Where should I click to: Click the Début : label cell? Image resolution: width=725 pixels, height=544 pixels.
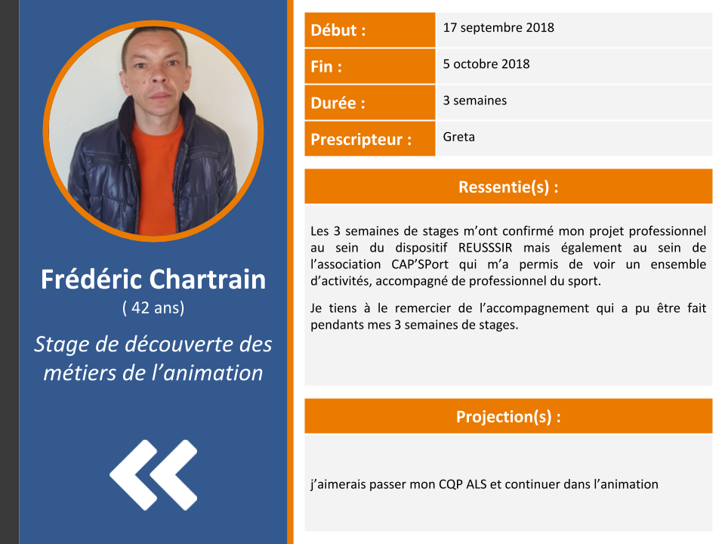tap(369, 30)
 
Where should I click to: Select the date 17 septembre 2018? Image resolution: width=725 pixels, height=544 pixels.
tap(498, 28)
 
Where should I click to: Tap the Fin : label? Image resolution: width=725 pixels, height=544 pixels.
tap(326, 66)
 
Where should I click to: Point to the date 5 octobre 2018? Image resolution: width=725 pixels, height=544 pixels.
tap(486, 63)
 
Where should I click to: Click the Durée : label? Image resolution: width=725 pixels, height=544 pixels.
tap(338, 103)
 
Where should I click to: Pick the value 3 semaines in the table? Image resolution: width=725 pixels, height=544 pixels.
tap(475, 100)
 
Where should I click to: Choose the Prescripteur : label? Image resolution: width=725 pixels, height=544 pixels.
tap(361, 139)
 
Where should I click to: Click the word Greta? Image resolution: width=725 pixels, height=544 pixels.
tap(458, 137)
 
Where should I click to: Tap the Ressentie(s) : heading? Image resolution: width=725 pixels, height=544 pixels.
tap(508, 187)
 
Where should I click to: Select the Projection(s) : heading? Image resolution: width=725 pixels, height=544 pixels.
tap(508, 416)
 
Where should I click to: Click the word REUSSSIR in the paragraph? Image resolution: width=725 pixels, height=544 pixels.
tap(485, 248)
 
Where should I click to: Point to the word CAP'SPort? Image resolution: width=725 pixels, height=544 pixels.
tap(420, 264)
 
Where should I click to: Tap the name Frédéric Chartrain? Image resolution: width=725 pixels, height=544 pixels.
tap(153, 280)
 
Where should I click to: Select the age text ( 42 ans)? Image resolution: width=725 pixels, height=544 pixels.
tap(153, 308)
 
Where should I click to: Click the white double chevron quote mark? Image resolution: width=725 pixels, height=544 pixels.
tap(153, 475)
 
